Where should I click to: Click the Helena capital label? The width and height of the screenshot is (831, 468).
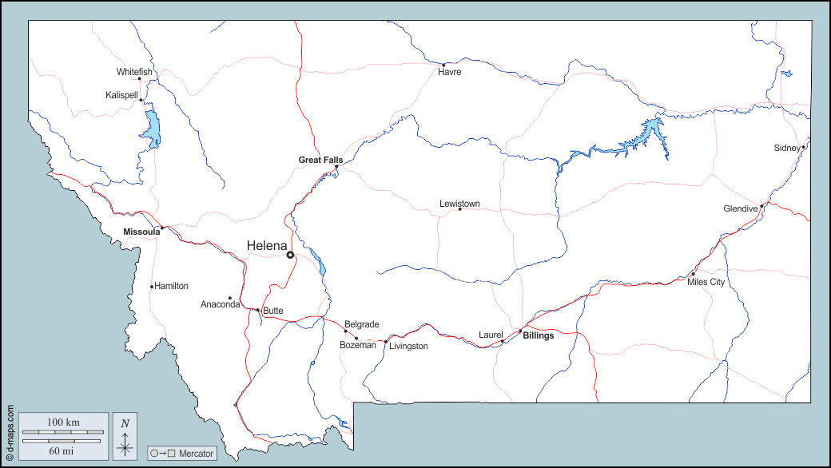[268, 245]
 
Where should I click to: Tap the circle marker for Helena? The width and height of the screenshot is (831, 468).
[291, 255]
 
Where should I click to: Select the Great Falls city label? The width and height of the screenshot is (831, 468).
[320, 160]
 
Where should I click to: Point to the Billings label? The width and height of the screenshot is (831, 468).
[538, 335]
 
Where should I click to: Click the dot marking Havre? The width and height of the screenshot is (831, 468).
[443, 65]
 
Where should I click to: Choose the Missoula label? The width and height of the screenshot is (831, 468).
[141, 232]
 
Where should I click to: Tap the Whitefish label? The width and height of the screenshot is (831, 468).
[134, 72]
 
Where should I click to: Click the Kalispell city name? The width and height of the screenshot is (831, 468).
[121, 95]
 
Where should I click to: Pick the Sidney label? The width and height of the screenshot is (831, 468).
[786, 148]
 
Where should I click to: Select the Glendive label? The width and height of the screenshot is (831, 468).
[740, 208]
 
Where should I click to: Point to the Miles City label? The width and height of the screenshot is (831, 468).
[706, 282]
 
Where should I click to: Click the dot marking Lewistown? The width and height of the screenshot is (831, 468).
[459, 209]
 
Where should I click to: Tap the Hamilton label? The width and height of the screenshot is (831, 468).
[171, 286]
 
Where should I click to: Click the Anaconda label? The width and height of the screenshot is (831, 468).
[221, 304]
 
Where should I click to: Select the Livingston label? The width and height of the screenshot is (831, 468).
[408, 346]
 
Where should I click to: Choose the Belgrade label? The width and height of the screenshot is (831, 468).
[361, 324]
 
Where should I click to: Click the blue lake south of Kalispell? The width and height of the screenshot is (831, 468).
[152, 128]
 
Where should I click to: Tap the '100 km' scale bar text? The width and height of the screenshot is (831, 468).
[63, 422]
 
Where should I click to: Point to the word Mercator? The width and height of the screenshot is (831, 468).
[196, 454]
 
